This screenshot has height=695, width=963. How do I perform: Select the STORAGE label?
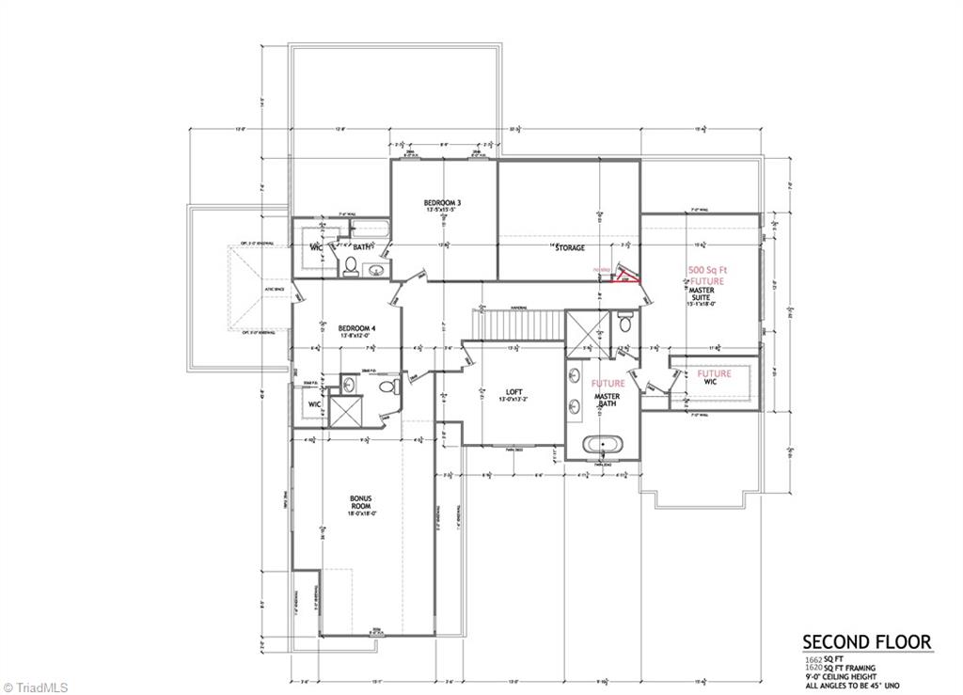click(x=568, y=248)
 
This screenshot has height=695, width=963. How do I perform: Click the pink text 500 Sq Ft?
click(x=707, y=268)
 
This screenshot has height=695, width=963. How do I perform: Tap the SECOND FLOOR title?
click(x=866, y=642)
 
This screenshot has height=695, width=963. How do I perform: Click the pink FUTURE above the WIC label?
click(x=714, y=374)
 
